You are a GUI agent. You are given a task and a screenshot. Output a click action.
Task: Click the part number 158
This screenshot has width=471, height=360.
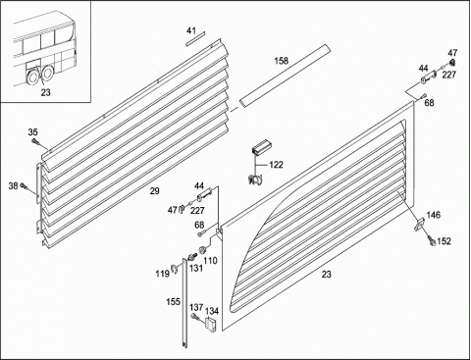click(x=282, y=61)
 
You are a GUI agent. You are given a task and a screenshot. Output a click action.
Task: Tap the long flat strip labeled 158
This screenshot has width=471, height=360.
click(x=285, y=76)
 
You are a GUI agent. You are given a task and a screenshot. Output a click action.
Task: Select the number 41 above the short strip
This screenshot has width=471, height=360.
click(x=191, y=30)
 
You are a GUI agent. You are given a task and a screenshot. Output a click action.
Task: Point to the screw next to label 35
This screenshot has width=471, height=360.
click(x=35, y=141)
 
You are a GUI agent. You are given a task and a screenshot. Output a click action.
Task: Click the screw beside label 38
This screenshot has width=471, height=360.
click(x=25, y=186)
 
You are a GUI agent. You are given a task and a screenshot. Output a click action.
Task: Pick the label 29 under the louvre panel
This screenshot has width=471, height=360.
click(x=155, y=191)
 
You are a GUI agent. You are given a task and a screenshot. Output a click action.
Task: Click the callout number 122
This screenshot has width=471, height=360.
click(x=276, y=165)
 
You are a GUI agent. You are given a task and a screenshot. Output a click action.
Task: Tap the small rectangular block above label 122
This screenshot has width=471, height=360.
click(x=261, y=146)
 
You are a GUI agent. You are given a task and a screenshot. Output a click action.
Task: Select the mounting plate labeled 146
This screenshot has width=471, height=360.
click(x=419, y=225)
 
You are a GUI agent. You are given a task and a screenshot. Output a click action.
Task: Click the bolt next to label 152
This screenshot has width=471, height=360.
click(x=431, y=240)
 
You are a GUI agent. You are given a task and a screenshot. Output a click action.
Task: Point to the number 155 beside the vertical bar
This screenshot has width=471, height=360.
click(x=173, y=301)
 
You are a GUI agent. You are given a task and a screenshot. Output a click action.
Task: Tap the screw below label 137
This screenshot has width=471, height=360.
click(x=194, y=316)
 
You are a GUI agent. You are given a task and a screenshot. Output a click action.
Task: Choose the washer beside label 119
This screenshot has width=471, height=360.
click(x=174, y=268)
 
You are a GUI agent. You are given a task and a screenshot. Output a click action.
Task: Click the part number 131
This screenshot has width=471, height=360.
click(x=196, y=268)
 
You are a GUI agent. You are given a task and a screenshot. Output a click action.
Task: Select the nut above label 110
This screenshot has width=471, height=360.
click(x=203, y=250)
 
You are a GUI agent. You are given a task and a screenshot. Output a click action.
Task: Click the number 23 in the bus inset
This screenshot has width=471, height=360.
click(x=46, y=92)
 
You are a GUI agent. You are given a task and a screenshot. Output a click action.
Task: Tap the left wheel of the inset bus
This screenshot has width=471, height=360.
click(x=33, y=77)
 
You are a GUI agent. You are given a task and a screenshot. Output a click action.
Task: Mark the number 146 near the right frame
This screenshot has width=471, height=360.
click(x=434, y=215)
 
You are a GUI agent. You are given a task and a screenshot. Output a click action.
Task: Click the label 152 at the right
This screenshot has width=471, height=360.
click(x=444, y=241)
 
